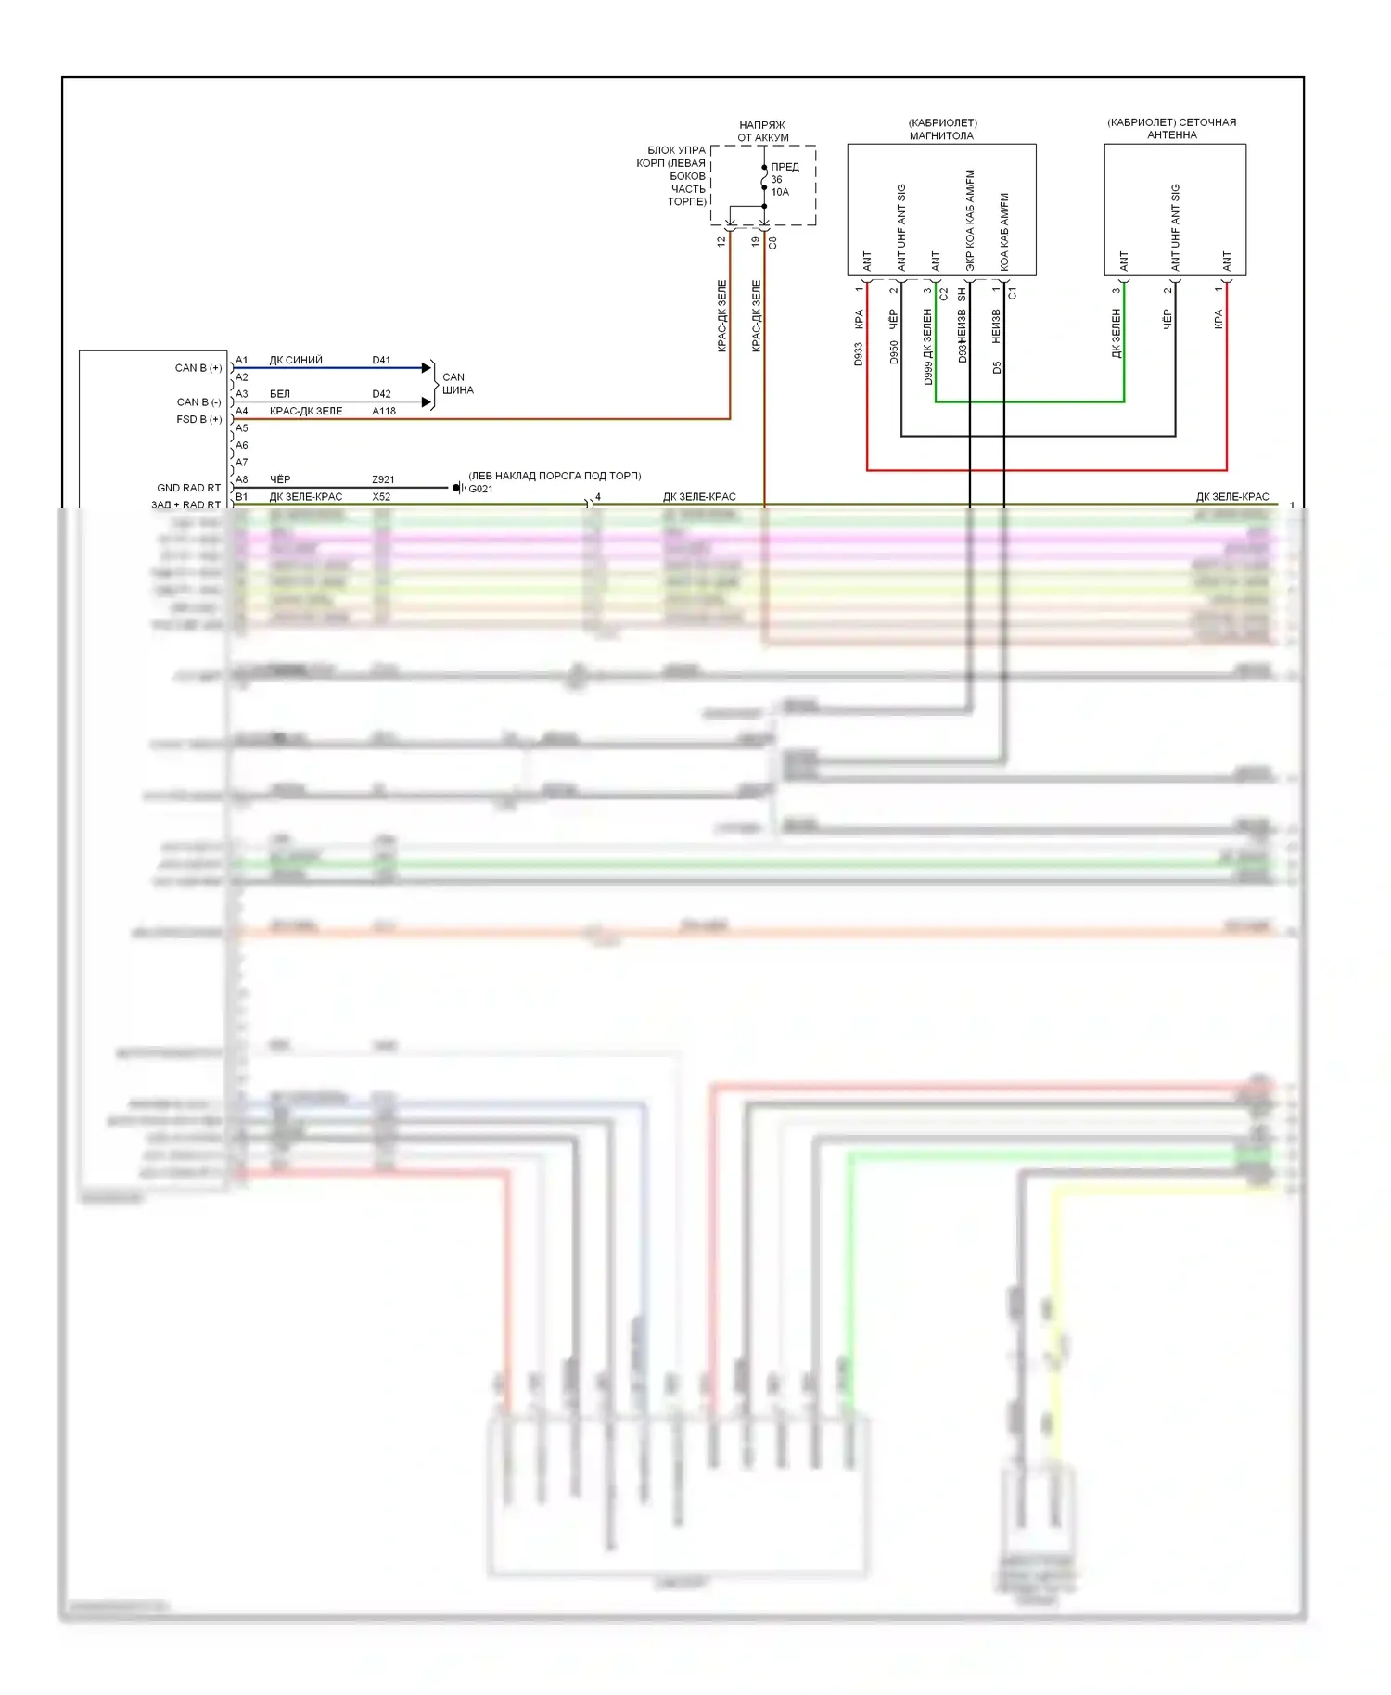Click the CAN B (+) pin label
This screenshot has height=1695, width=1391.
point(198,368)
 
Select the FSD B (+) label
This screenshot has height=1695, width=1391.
point(198,419)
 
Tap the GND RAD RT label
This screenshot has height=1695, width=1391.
point(188,488)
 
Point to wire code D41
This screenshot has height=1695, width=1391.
point(381,360)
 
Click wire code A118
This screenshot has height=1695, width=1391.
point(384,411)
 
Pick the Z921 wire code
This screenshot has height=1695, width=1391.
point(383,479)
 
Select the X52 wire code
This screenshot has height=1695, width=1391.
point(381,497)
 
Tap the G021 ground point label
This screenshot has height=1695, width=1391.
point(480,489)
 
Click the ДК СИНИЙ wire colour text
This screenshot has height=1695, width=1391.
point(296,360)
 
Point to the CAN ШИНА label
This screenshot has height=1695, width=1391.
point(456,384)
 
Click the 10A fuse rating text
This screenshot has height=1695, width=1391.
point(780,192)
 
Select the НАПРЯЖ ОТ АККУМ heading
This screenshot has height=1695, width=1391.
point(762,131)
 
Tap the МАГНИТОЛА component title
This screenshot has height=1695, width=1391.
point(941,135)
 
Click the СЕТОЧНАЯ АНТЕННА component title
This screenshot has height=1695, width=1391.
point(1172,129)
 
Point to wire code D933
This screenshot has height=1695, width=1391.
point(859,354)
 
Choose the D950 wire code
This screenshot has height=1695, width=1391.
point(894,352)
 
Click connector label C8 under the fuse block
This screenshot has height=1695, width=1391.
point(772,242)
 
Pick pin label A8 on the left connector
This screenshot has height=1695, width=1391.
point(242,479)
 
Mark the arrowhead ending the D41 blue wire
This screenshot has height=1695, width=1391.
point(427,368)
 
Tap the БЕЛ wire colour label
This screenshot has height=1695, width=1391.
point(280,394)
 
